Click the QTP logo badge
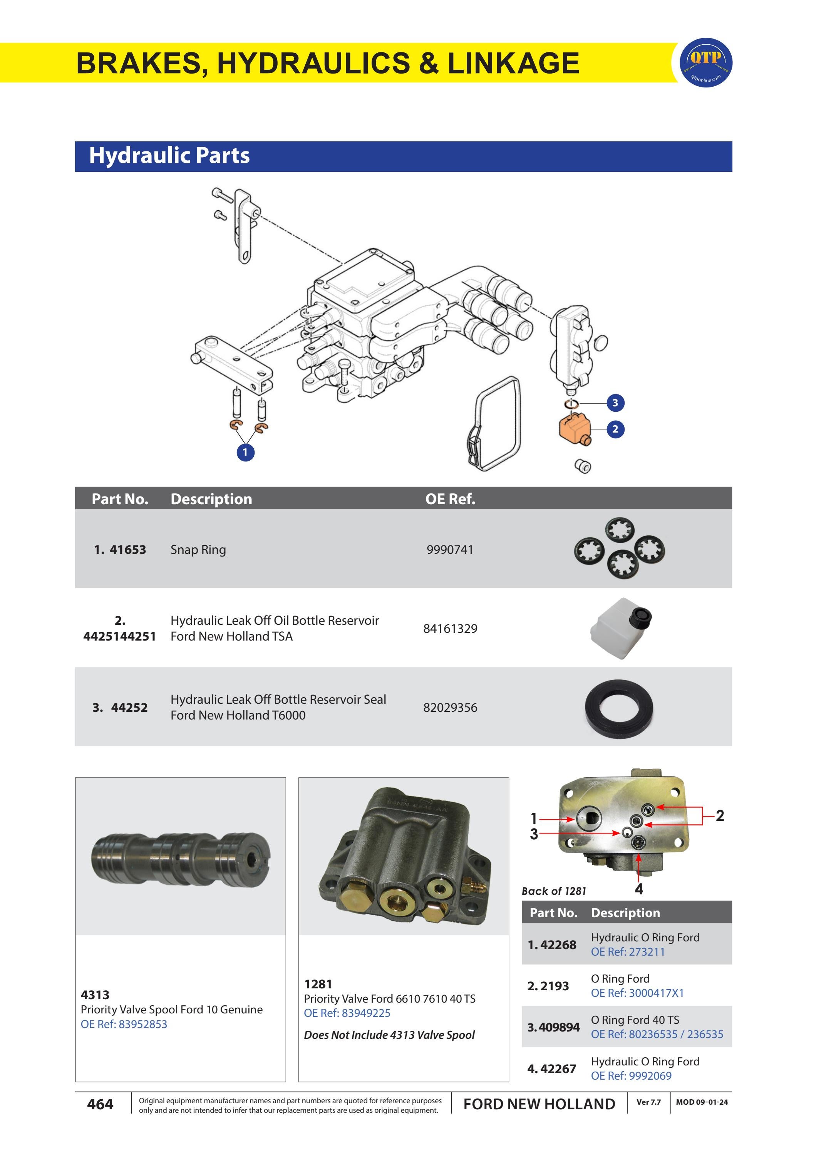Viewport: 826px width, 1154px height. pos(706,62)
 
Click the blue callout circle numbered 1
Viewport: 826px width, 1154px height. pos(246,452)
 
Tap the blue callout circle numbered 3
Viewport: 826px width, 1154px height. pos(615,403)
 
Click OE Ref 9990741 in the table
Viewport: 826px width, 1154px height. pos(450,550)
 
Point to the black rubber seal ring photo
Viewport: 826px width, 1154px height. pos(618,708)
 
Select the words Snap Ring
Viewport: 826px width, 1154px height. pos(198,550)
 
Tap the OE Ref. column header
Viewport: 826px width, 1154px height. pos(450,499)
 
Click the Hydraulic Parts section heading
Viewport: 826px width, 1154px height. pos(169,156)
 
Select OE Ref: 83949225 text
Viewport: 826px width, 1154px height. pos(347,1013)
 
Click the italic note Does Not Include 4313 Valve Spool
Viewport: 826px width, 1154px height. pos(389,1035)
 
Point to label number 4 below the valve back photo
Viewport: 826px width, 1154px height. pos(639,889)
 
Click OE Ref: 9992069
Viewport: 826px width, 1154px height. pos(631,1076)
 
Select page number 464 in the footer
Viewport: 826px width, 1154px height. pos(100,1104)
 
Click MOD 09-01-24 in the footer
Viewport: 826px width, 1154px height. pos(701,1102)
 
